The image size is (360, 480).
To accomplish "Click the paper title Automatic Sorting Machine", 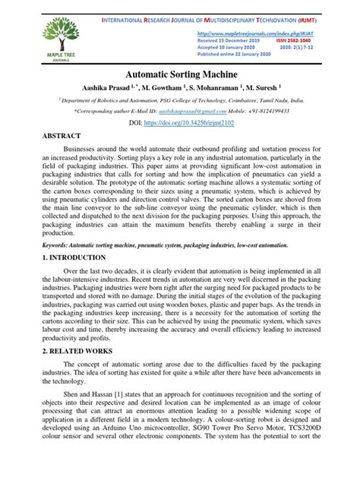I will (x=180, y=77).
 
